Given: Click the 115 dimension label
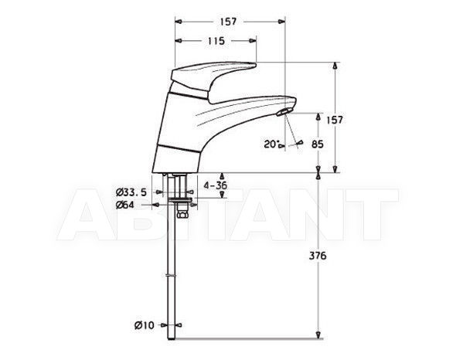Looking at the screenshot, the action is pyautogui.click(x=216, y=41).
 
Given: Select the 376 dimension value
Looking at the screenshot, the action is pyautogui.click(x=318, y=256).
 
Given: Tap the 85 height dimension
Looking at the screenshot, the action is pyautogui.click(x=317, y=144).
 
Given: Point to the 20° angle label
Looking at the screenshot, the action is pyautogui.click(x=271, y=144).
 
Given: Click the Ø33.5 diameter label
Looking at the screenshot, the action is pyautogui.click(x=131, y=192).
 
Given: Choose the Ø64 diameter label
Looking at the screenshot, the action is pyautogui.click(x=124, y=205).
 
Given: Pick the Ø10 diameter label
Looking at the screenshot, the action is pyautogui.click(x=145, y=325).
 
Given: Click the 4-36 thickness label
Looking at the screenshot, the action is pyautogui.click(x=215, y=185).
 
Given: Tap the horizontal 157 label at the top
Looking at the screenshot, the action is pyautogui.click(x=228, y=22).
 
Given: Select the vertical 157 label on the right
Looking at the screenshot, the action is pyautogui.click(x=335, y=120).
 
